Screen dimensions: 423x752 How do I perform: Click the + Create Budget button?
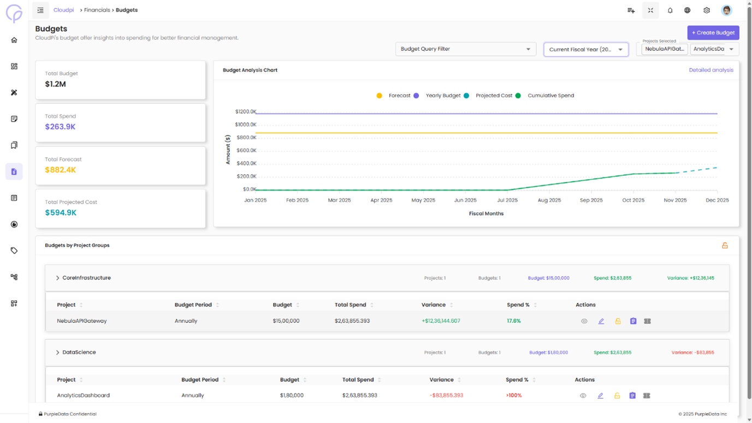click(713, 33)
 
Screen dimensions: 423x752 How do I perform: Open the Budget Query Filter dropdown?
click(465, 49)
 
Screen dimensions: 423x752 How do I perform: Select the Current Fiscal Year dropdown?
click(585, 50)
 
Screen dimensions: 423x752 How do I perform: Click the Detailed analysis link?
click(710, 70)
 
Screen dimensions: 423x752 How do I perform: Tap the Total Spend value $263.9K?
click(60, 127)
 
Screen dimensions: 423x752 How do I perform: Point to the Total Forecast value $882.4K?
click(60, 170)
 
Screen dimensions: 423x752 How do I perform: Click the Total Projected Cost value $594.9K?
click(61, 213)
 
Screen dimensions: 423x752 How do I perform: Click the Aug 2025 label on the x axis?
click(549, 200)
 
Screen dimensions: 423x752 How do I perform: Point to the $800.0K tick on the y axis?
click(246, 138)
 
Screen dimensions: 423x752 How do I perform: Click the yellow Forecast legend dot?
click(380, 96)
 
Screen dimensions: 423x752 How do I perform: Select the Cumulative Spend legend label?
click(550, 96)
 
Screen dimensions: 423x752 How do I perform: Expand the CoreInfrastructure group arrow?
click(57, 278)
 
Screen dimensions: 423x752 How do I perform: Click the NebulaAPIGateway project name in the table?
click(82, 321)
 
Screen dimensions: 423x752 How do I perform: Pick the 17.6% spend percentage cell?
click(513, 321)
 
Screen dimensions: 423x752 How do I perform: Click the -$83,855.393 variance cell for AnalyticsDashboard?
click(446, 395)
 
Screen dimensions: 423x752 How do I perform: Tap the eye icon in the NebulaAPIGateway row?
click(584, 321)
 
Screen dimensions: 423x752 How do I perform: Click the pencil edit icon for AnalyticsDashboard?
click(600, 396)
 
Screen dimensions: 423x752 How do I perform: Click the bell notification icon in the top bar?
click(670, 10)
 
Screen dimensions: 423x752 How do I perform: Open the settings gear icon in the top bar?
click(707, 10)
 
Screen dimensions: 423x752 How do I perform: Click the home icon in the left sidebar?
click(14, 40)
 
